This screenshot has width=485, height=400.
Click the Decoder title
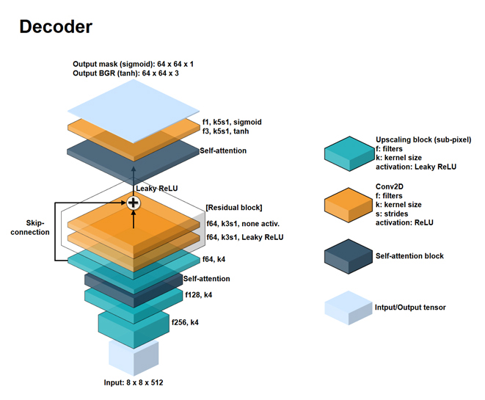pos(56,28)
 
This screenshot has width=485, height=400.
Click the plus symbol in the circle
pos(134,203)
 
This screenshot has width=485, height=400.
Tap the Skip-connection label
pos(30,226)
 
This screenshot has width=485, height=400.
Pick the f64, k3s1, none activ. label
pos(244,223)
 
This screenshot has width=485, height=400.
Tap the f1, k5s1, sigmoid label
pos(232,122)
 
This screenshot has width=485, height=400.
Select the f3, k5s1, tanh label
pos(227,132)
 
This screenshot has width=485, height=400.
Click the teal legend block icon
pos(349,153)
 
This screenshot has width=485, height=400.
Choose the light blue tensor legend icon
pos(349,307)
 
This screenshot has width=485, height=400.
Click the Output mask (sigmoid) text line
pos(133,64)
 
